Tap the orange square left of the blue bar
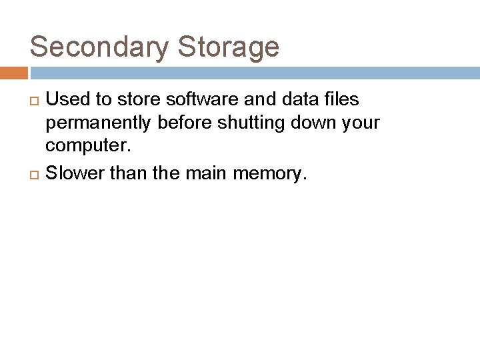pos(14,73)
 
